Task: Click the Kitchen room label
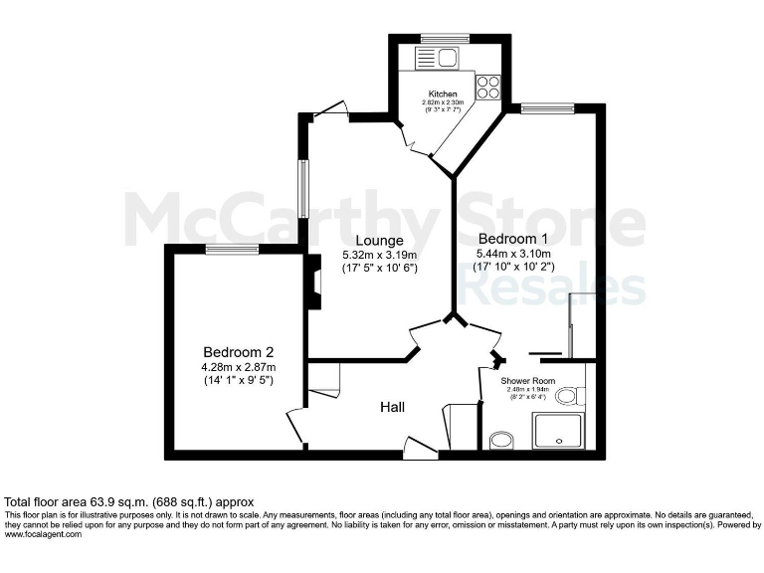[443, 95]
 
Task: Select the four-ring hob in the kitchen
[487, 88]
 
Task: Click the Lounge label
[379, 240]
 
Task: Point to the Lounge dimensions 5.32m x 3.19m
[379, 255]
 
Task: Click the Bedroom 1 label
[513, 239]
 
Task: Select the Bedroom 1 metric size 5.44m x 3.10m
[513, 254]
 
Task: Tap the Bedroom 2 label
[238, 352]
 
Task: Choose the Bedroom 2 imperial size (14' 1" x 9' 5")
[238, 380]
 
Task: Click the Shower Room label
[529, 381]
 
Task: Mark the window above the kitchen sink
[437, 39]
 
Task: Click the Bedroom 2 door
[293, 425]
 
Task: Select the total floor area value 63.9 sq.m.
[129, 501]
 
